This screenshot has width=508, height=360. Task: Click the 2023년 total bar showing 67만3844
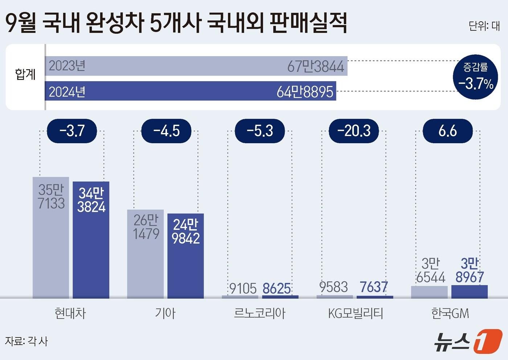click(196, 66)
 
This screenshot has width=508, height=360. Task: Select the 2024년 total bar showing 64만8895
click(190, 91)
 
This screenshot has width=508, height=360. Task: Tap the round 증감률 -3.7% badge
click(475, 77)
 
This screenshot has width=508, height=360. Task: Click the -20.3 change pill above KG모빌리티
click(354, 131)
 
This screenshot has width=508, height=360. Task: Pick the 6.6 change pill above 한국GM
click(447, 131)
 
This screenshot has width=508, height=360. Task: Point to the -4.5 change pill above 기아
click(166, 131)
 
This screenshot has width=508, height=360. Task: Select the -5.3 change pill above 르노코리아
click(260, 131)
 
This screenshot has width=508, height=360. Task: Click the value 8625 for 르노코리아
click(276, 289)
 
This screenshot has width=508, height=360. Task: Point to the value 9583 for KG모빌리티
click(333, 287)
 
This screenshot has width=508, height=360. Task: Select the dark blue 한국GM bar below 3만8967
click(469, 292)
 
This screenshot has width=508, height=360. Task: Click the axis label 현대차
click(70, 313)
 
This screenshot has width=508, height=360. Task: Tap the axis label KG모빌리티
click(355, 313)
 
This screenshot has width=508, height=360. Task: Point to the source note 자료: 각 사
click(26, 341)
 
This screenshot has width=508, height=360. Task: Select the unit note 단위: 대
click(484, 26)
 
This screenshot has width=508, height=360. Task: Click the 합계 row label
click(25, 74)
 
